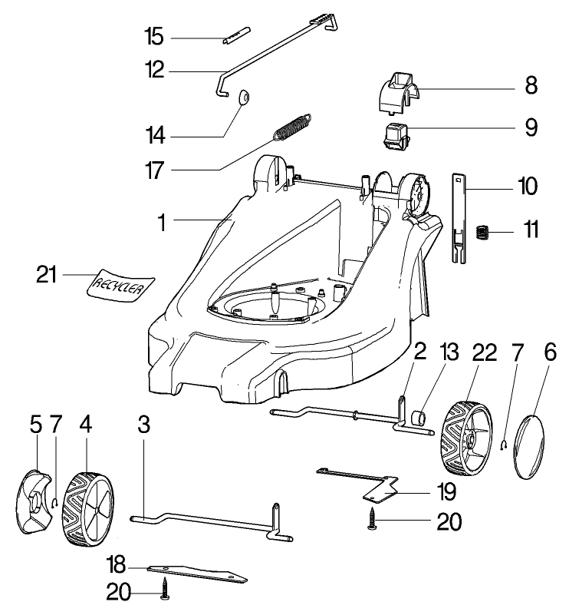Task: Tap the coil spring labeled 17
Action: point(293,127)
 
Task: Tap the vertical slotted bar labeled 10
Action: point(459,219)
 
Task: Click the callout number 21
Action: point(47,273)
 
